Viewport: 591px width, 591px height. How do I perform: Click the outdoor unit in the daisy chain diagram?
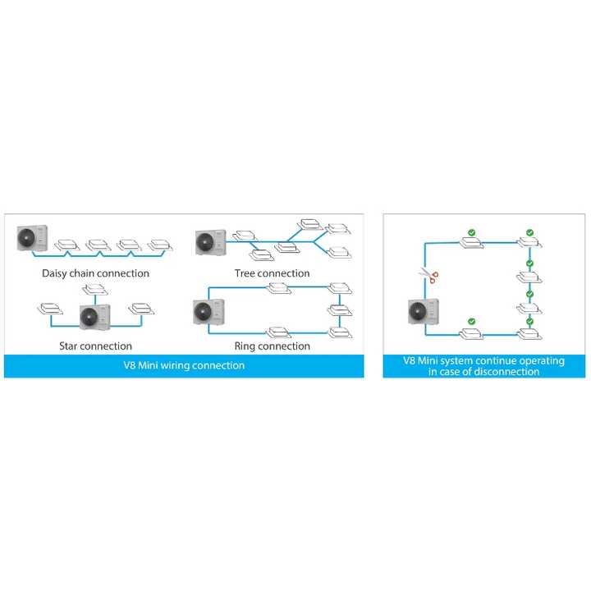[32, 238]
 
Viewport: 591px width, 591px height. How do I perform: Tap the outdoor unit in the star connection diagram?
[95, 315]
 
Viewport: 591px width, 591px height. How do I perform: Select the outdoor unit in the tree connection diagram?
[210, 241]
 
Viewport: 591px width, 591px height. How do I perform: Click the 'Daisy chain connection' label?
[95, 273]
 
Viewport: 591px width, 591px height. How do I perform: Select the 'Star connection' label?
[95, 346]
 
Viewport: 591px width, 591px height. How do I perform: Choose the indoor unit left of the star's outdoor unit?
[49, 309]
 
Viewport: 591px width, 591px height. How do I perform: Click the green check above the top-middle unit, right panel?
[470, 232]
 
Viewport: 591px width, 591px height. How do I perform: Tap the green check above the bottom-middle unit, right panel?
[470, 322]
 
